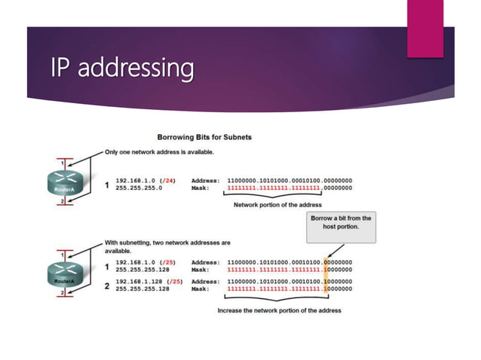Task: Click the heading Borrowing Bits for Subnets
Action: pyautogui.click(x=204, y=137)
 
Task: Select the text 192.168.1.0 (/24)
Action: pyautogui.click(x=145, y=181)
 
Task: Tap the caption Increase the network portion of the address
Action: pyautogui.click(x=279, y=310)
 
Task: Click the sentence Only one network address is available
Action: pyautogui.click(x=159, y=151)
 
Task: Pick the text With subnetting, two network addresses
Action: pyautogui.click(x=167, y=243)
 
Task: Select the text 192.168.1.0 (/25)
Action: pyautogui.click(x=145, y=261)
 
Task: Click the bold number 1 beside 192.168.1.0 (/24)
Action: pyautogui.click(x=106, y=185)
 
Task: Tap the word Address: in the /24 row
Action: pyautogui.click(x=205, y=181)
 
